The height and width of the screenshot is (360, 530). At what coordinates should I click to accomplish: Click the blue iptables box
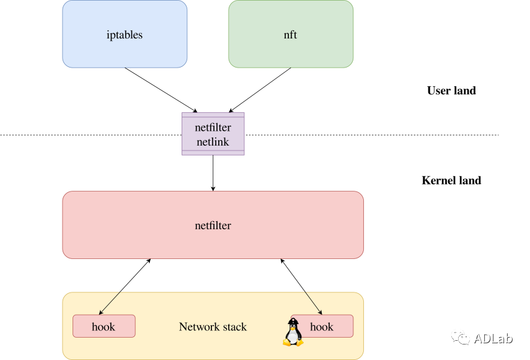coord(125,34)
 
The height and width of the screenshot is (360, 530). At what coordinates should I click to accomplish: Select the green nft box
coord(291,34)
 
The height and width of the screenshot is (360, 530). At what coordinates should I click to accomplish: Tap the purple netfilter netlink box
coord(213,134)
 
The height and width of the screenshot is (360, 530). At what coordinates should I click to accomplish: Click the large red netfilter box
coord(213,225)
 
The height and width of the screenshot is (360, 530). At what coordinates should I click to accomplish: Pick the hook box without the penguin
coord(104,326)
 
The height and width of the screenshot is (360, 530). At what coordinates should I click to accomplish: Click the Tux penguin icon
coord(293,332)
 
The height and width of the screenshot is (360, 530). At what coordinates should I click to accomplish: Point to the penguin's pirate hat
coord(293,321)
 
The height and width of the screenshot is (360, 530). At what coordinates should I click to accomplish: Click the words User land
coord(451,90)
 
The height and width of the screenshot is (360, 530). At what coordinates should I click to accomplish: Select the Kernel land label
coord(451,180)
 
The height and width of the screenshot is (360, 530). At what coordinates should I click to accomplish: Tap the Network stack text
coord(213,327)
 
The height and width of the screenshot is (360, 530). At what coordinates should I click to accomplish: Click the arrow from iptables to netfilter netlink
coord(161,90)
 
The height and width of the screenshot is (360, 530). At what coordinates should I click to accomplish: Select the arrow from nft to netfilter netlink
coord(260,90)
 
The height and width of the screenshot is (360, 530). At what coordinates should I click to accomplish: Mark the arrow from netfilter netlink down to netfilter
coord(213,173)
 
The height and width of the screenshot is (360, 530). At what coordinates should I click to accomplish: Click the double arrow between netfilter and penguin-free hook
coord(125,287)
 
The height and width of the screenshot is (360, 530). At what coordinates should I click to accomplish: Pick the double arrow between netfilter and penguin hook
coord(301,287)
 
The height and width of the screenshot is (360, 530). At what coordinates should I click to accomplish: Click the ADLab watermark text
coord(493,338)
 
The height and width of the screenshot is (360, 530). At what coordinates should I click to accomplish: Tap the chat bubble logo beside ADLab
coord(461,337)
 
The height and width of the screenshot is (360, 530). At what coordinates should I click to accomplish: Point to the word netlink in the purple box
coord(213,142)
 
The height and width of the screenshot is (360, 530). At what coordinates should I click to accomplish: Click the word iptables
coord(125,35)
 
